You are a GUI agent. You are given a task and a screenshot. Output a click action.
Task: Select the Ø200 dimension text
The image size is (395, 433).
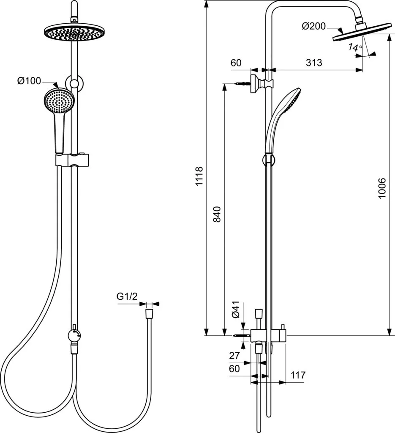(313, 27)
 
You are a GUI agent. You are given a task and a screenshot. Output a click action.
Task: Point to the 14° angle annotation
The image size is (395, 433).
(355, 47)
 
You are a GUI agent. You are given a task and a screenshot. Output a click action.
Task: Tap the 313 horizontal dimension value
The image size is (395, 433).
(313, 63)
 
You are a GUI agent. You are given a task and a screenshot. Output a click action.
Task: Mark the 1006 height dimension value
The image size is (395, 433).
(382, 189)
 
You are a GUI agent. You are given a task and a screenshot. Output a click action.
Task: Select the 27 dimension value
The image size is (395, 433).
(234, 356)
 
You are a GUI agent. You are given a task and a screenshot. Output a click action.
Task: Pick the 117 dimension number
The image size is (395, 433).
(298, 375)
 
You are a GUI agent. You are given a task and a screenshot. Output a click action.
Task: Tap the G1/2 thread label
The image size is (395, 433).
(127, 297)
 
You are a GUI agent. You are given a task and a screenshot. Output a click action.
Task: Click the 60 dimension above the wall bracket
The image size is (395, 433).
(236, 63)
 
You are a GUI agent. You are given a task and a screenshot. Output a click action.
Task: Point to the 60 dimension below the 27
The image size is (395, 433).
(234, 368)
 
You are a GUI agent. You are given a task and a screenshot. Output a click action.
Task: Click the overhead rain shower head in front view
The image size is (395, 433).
(74, 32)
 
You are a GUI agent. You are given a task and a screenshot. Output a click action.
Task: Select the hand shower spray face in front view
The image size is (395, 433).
(59, 101)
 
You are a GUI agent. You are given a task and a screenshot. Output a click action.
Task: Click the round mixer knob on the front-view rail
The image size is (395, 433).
(75, 336)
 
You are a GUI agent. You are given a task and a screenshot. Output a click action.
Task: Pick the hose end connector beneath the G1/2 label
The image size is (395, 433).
(149, 314)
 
